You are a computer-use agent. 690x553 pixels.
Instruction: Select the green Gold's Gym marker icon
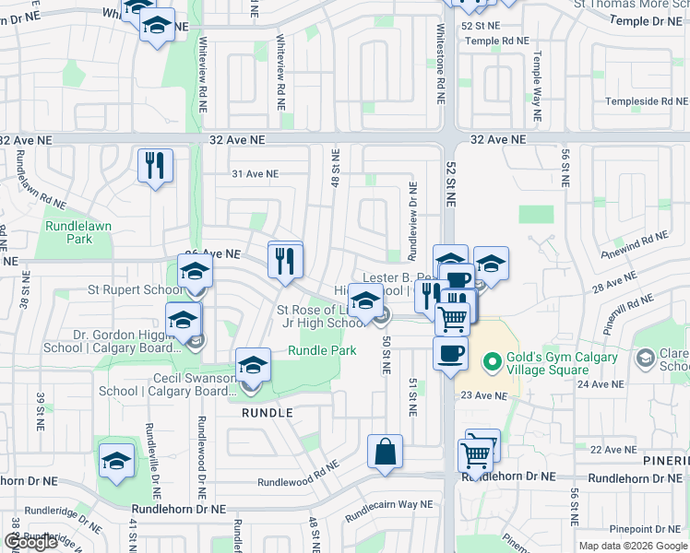point(493,360)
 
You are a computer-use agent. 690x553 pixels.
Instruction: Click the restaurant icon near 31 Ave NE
point(155,166)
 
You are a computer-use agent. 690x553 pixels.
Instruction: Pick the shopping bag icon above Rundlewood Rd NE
point(385,452)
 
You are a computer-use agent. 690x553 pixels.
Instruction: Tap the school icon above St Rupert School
point(195,272)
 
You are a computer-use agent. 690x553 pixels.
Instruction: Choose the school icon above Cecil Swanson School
point(252,366)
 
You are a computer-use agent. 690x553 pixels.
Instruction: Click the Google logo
point(31,542)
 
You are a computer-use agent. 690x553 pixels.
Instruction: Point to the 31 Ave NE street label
point(255,173)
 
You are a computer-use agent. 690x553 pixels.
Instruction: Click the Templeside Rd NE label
point(645,101)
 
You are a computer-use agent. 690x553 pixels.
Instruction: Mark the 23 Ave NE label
point(484,395)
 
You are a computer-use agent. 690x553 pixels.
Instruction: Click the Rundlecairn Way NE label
point(388,504)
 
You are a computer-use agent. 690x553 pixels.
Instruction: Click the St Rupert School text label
point(136,289)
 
